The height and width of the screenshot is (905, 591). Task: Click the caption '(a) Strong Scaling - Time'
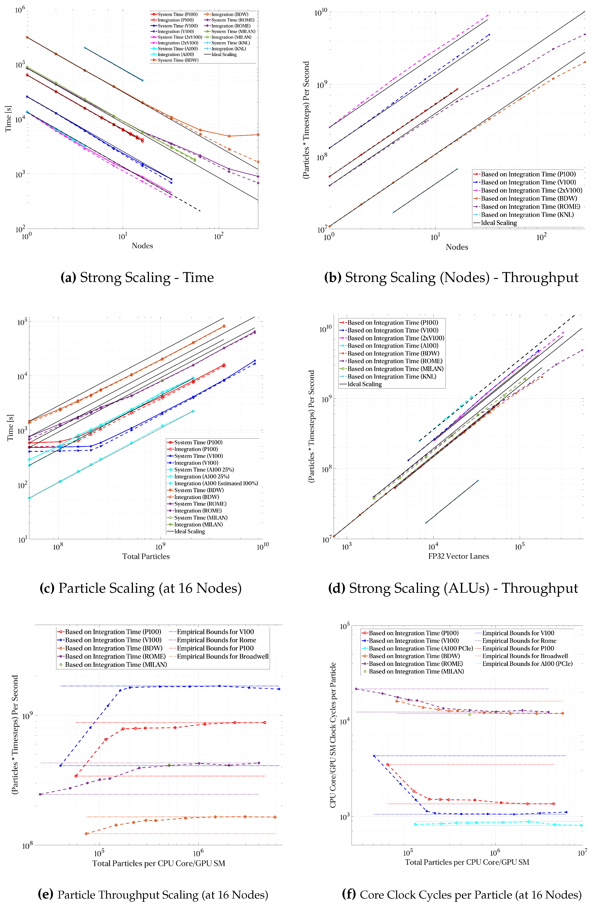(x=137, y=278)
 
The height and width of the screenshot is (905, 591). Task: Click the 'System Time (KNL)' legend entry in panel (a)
(x=230, y=43)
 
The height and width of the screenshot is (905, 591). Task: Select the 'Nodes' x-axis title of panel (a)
(x=142, y=246)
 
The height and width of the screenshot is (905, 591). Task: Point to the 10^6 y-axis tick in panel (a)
(x=20, y=9)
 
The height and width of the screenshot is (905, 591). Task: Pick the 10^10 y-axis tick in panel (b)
(x=320, y=13)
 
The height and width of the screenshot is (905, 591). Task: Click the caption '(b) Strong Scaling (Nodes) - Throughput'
(x=451, y=278)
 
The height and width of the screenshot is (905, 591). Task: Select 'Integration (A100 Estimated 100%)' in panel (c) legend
(x=216, y=483)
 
